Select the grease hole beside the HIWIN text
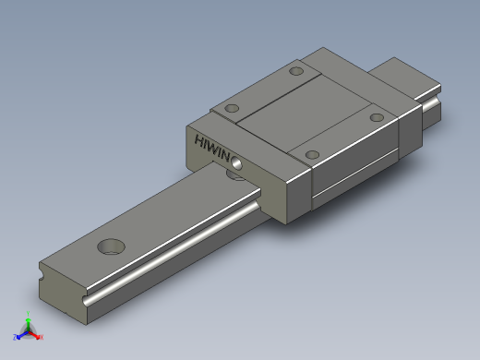point(238,162)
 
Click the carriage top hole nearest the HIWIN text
point(231,108)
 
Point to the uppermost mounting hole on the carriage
point(296,71)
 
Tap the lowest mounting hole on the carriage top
point(312,153)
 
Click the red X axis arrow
point(37,335)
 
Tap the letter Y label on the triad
point(29,317)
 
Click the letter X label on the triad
point(42,337)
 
